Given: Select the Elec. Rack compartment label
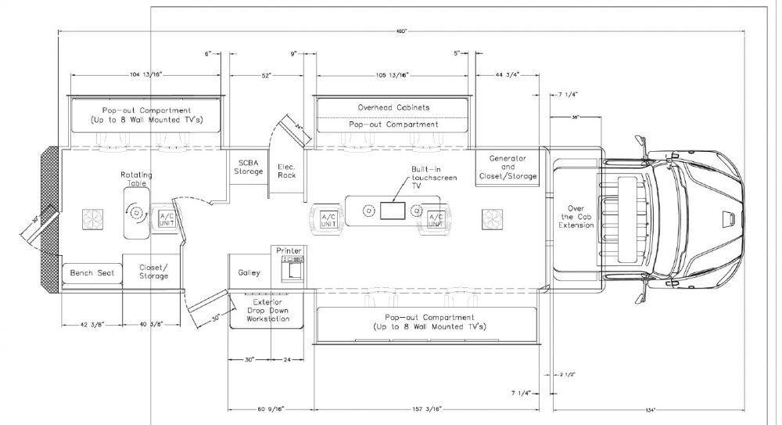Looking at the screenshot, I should [286, 170].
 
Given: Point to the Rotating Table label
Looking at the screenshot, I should [134, 178].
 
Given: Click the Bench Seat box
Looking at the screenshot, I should [92, 273].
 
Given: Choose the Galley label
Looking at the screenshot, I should [249, 272].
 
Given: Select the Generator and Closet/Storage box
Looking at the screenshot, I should [508, 167].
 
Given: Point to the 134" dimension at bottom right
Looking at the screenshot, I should [651, 409].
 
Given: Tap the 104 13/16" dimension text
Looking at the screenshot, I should [144, 75].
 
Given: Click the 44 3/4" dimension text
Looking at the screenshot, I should [508, 75].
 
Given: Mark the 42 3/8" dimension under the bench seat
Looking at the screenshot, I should [92, 324].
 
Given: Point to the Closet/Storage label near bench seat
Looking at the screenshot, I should [153, 272].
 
